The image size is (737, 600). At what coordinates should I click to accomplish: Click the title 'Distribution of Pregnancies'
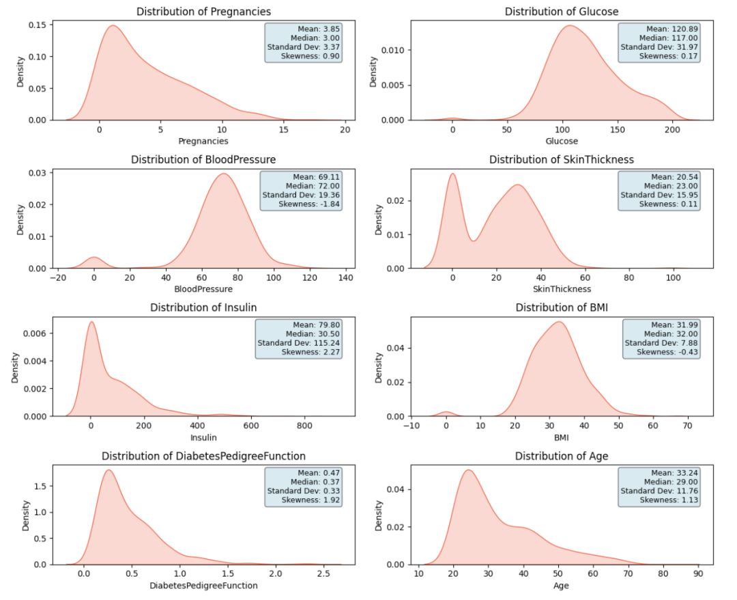pyautogui.click(x=203, y=12)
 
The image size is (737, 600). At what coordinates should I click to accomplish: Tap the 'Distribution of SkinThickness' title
pyautogui.click(x=562, y=159)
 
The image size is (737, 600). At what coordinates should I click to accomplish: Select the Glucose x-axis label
pyautogui.click(x=562, y=141)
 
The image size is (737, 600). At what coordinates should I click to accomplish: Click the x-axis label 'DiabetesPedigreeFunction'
pyautogui.click(x=203, y=586)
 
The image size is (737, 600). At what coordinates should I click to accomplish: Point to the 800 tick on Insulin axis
pyautogui.click(x=304, y=426)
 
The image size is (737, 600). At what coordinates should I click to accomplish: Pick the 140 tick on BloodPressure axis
pyautogui.click(x=346, y=277)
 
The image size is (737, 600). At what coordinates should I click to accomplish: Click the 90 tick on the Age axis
pyautogui.click(x=699, y=573)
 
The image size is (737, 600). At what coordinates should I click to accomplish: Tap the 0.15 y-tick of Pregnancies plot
pyautogui.click(x=37, y=25)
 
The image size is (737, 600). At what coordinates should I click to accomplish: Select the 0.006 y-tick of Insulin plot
pyautogui.click(x=35, y=333)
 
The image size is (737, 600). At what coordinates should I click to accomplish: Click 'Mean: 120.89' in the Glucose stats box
pyautogui.click(x=671, y=29)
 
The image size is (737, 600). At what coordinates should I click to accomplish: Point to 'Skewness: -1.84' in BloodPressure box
pyautogui.click(x=309, y=204)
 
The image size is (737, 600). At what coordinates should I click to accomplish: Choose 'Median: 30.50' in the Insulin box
pyautogui.click(x=313, y=334)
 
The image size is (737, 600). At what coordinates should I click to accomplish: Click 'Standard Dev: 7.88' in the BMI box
pyautogui.click(x=661, y=343)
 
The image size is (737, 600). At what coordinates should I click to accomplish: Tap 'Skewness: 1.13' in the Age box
pyautogui.click(x=669, y=500)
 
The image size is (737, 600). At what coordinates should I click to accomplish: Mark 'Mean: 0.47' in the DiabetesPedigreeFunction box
pyautogui.click(x=319, y=473)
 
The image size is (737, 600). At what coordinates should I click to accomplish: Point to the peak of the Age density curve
pyautogui.click(x=468, y=470)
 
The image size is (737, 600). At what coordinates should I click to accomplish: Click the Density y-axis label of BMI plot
pyautogui.click(x=378, y=368)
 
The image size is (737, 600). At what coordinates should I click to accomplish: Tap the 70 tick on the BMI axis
pyautogui.click(x=687, y=426)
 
